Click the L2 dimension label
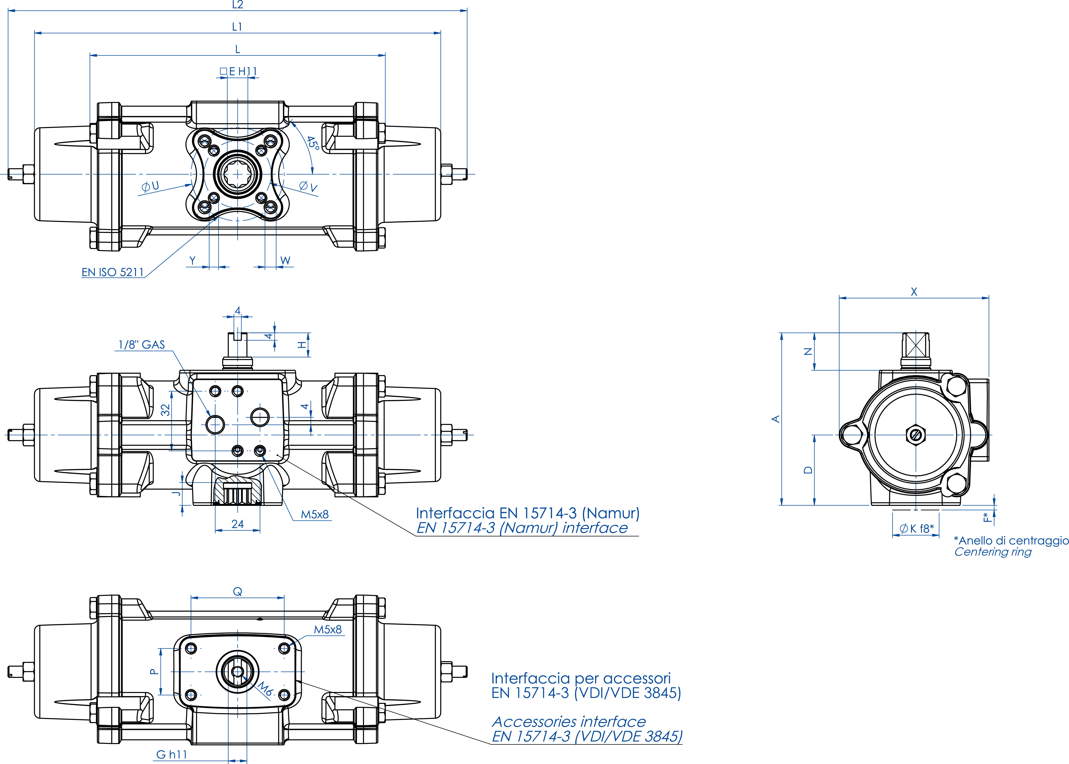tap(238, 5)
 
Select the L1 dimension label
tap(237, 27)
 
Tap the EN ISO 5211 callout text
tap(112, 272)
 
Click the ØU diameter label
tap(150, 186)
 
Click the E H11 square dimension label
tap(239, 72)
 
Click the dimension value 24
tap(238, 524)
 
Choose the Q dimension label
tap(238, 592)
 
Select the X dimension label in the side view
tap(914, 292)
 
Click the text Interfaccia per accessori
tap(581, 678)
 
